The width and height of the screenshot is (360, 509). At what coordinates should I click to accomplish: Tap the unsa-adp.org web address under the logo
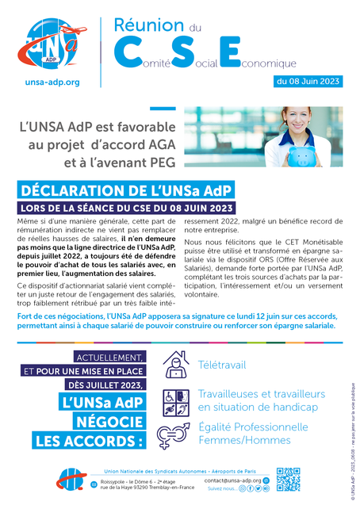52,82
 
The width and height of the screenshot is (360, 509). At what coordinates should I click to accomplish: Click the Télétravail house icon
175,364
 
